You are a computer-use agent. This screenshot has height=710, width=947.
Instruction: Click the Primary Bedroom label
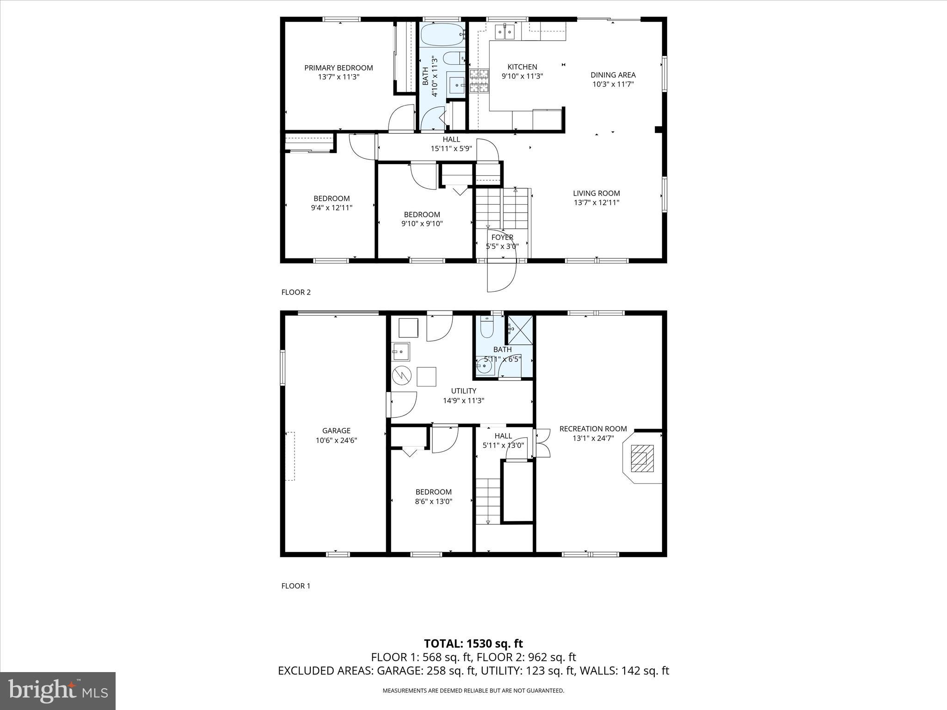338,68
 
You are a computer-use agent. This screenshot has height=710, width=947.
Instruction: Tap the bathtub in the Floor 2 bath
442,35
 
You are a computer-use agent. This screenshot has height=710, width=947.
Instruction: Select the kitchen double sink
505,32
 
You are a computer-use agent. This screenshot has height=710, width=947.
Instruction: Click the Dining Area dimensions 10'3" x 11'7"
613,84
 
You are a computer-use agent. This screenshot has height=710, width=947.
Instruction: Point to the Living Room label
596,193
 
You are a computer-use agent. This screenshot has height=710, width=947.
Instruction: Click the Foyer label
502,238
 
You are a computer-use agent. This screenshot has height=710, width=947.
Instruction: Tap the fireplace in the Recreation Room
643,458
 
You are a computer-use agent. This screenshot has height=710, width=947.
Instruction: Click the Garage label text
336,431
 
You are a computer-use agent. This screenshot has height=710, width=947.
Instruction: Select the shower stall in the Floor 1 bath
520,329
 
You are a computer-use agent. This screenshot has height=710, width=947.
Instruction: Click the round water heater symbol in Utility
401,375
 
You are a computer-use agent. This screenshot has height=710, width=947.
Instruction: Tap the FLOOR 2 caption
296,292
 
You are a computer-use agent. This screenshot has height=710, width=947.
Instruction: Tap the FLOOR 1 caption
296,586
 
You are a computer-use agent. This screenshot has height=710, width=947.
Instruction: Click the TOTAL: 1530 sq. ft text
473,643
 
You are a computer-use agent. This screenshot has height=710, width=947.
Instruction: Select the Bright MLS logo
58,691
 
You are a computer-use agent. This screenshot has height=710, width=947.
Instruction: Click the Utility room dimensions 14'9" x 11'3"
463,401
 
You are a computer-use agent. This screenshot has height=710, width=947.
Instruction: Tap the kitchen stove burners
480,81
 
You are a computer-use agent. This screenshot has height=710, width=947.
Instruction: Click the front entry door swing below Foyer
502,276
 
